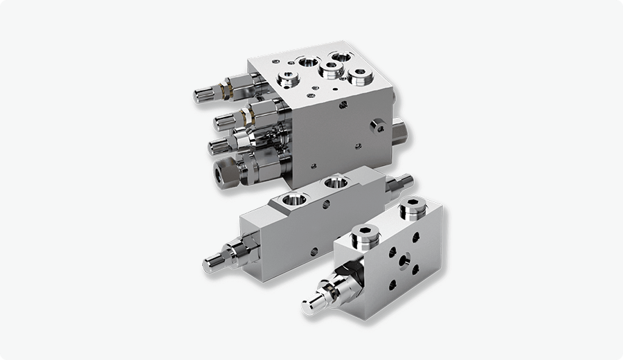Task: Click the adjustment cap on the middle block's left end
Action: click(211, 262)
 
